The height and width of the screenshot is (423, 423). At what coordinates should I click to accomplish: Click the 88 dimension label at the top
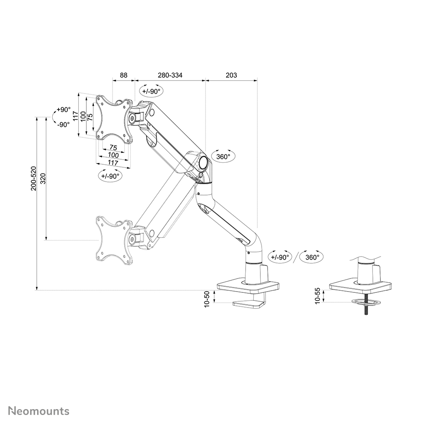123,75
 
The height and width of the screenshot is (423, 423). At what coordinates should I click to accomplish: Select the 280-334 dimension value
170,75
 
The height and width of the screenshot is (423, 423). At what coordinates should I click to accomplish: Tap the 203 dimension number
231,75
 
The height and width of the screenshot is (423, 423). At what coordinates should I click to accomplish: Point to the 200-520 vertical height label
34,178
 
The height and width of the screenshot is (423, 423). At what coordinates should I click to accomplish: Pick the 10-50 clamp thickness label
207,299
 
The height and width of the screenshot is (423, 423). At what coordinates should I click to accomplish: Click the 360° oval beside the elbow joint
223,157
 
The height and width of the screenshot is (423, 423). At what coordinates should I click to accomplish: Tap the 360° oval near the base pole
312,257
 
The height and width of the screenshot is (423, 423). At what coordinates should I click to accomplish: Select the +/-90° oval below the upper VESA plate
110,176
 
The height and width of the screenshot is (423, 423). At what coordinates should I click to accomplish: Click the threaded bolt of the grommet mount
366,308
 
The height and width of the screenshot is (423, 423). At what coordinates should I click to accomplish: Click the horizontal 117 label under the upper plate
112,162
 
